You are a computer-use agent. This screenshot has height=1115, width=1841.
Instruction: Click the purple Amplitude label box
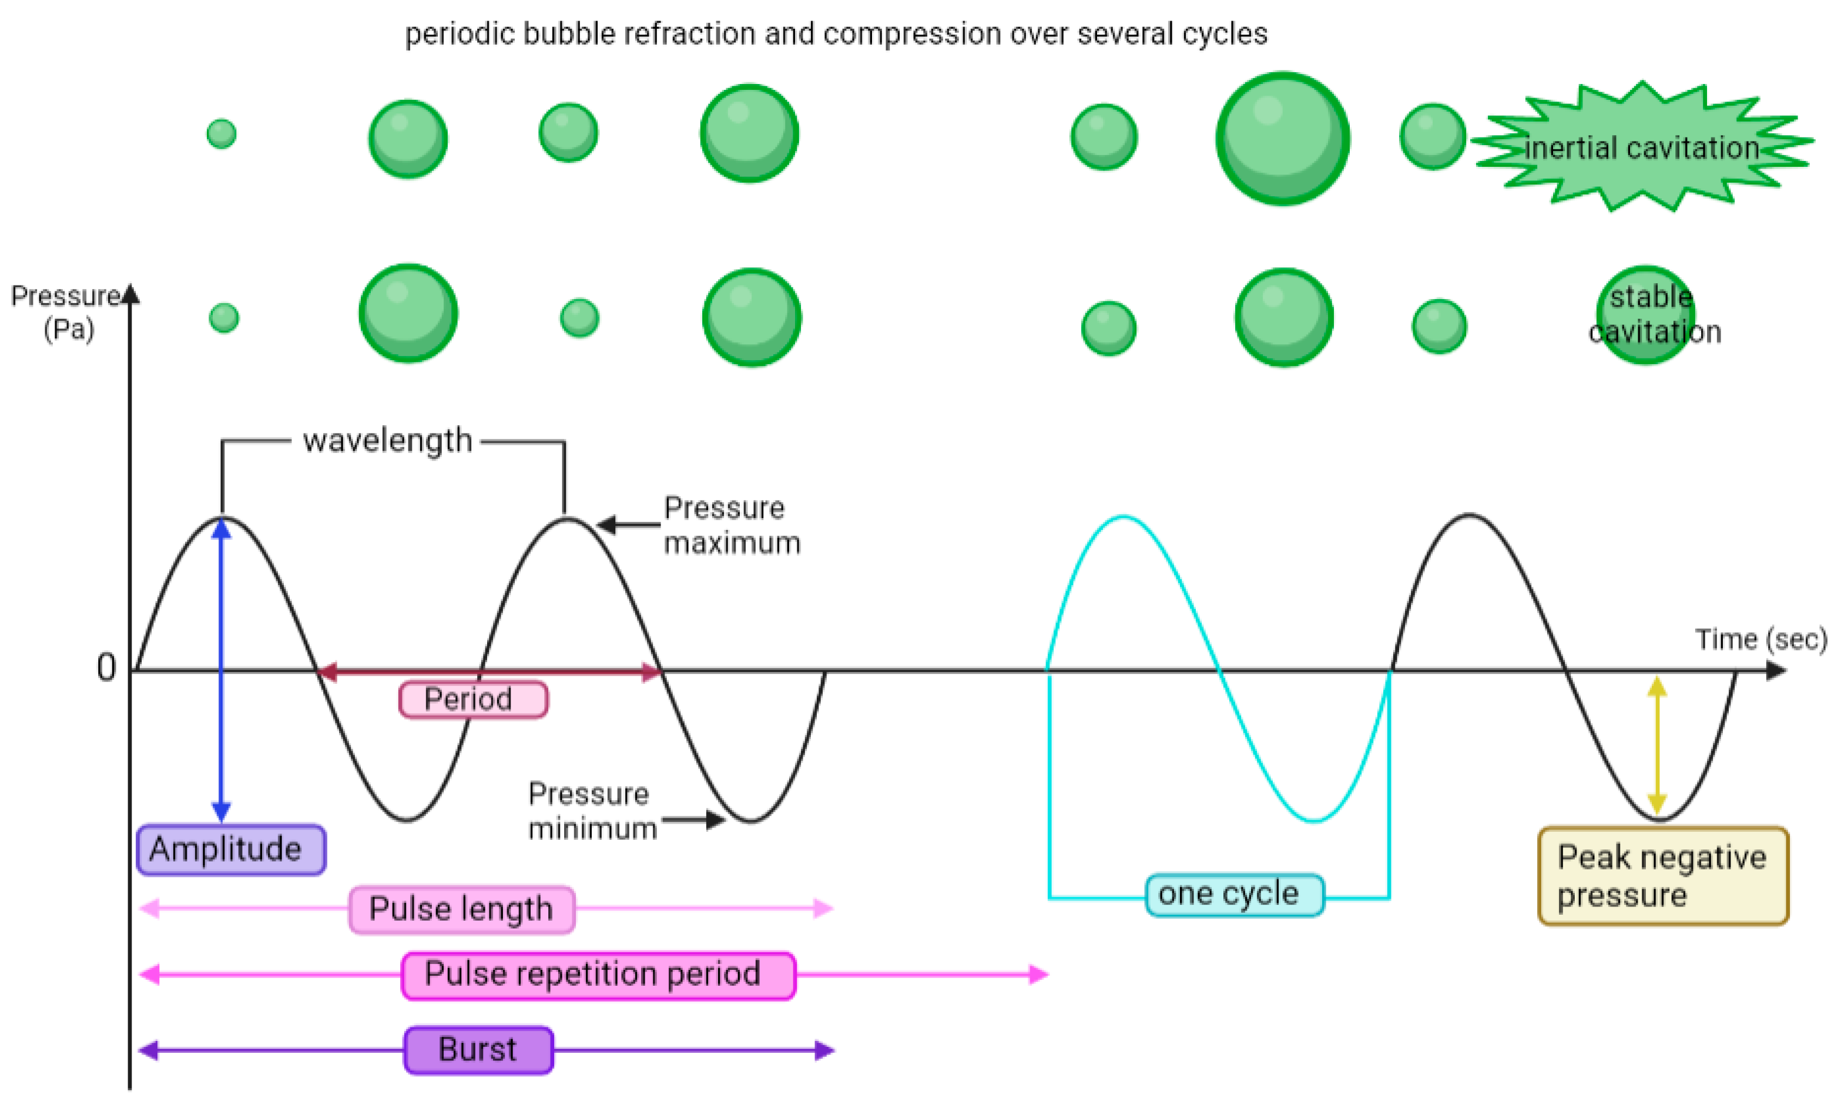coord(231,850)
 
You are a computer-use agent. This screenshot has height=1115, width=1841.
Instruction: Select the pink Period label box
coord(473,700)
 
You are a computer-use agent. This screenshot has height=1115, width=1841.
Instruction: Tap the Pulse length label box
coord(462,909)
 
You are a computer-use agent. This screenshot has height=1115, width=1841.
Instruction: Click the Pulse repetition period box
coord(598,975)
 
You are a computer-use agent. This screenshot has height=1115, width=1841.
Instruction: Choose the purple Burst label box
coord(478,1049)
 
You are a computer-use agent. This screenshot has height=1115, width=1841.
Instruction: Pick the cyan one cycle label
coord(1235,894)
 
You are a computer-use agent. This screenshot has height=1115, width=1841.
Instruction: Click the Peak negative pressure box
coord(1662,875)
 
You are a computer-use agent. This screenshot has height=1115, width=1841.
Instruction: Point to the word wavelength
coord(387,441)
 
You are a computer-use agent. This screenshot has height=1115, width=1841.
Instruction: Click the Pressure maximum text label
coord(731,525)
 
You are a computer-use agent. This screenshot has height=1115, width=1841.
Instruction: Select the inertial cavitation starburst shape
coord(1642,147)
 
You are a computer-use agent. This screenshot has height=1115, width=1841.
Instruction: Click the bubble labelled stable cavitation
coord(1645,315)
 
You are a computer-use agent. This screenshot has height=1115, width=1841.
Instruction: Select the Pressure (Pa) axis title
coord(66,312)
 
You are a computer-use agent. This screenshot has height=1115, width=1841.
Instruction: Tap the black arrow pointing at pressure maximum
coord(628,525)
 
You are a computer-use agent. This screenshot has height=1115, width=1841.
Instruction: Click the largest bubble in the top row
coord(1282,139)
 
